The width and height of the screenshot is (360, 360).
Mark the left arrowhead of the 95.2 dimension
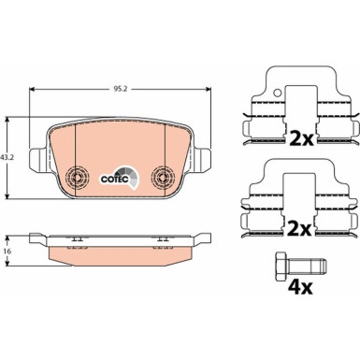point(35,90)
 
